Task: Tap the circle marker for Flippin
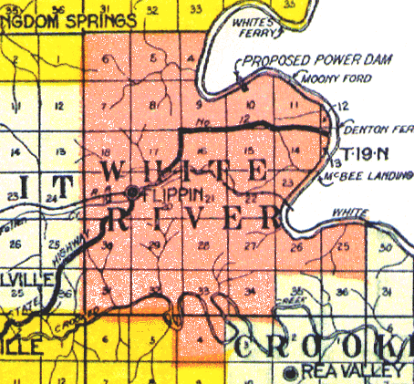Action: click(134, 192)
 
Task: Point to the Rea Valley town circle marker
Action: click(291, 371)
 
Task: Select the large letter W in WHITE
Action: click(118, 171)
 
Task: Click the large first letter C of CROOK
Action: click(251, 348)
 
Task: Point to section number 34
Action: click(249, 290)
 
